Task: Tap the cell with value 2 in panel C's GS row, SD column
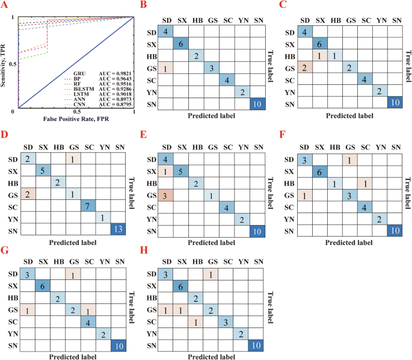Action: click(x=306, y=67)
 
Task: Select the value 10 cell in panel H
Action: click(x=255, y=344)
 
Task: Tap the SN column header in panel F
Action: click(x=395, y=146)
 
